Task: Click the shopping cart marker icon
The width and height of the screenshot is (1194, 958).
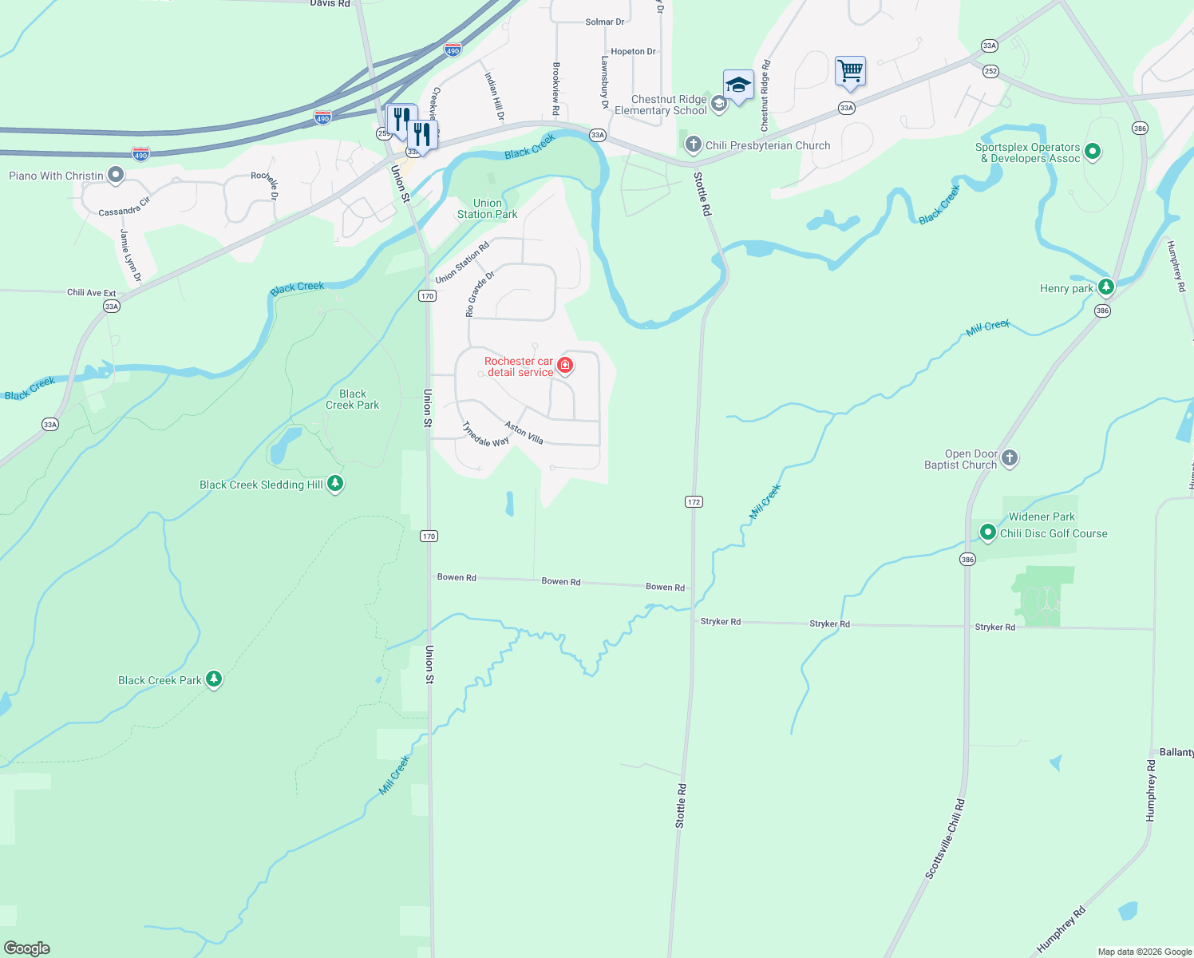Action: (850, 71)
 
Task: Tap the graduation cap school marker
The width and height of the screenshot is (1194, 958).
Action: (738, 85)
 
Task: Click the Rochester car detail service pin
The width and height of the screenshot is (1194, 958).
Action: (565, 366)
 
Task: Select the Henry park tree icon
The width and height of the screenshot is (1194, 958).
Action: (1105, 287)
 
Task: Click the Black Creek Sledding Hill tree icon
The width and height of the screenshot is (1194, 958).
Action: (335, 483)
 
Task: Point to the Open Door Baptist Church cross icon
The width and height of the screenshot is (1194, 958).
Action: (1010, 457)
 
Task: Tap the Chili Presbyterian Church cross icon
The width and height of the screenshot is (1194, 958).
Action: (693, 144)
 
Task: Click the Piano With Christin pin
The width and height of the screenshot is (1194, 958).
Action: (116, 174)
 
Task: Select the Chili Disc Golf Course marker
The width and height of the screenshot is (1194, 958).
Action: (988, 532)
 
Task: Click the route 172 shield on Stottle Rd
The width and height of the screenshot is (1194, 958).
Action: (693, 502)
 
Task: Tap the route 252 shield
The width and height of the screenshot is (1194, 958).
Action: (990, 71)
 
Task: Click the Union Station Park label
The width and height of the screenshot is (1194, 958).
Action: (487, 208)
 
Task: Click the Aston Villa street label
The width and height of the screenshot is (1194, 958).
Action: (524, 433)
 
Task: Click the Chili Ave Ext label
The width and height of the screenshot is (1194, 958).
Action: (91, 293)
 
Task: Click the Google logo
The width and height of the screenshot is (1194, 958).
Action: (27, 948)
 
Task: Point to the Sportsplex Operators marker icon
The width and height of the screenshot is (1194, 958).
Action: (1093, 151)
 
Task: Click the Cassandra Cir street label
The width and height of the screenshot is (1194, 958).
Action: (124, 207)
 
